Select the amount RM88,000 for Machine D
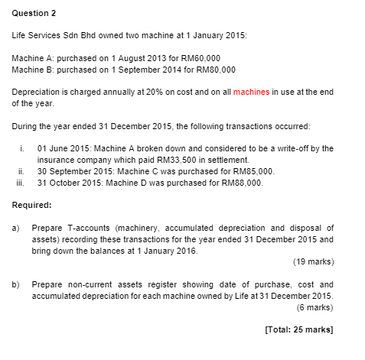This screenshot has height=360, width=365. click(242, 183)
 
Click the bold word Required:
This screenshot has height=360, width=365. click(32, 205)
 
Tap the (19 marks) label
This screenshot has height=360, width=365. click(313, 261)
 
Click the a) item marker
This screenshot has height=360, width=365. click(17, 227)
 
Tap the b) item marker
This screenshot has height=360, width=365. click(17, 284)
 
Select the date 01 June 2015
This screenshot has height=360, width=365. click(63, 148)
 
